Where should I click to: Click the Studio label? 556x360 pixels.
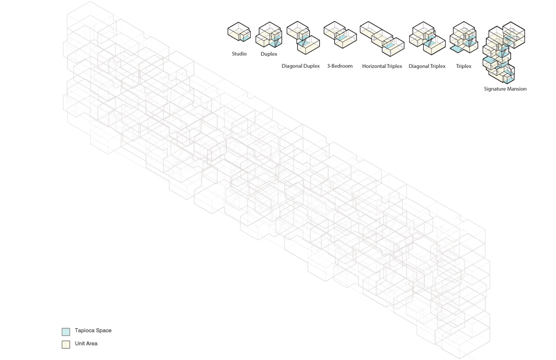[239, 53]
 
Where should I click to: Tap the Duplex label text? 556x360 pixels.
[269, 54]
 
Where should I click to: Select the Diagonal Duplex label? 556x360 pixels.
[301, 66]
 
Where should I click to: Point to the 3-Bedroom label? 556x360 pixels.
[340, 66]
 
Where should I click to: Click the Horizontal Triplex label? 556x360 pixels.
[382, 66]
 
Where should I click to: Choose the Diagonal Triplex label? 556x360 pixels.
[427, 66]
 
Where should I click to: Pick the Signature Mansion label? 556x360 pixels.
[505, 89]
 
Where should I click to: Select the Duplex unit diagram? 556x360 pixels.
[269, 34]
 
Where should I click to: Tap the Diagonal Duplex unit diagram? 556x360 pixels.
[303, 38]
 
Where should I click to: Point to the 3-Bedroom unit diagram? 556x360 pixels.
[340, 35]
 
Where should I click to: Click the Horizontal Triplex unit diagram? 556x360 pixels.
[382, 39]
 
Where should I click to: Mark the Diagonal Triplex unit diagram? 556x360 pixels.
[427, 38]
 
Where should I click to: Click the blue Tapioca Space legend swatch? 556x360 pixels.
[66, 332]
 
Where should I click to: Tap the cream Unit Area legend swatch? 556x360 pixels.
[66, 345]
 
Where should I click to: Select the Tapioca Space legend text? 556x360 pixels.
[93, 331]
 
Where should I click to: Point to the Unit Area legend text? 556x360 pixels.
[86, 344]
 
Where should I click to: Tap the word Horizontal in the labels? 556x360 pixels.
[373, 66]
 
